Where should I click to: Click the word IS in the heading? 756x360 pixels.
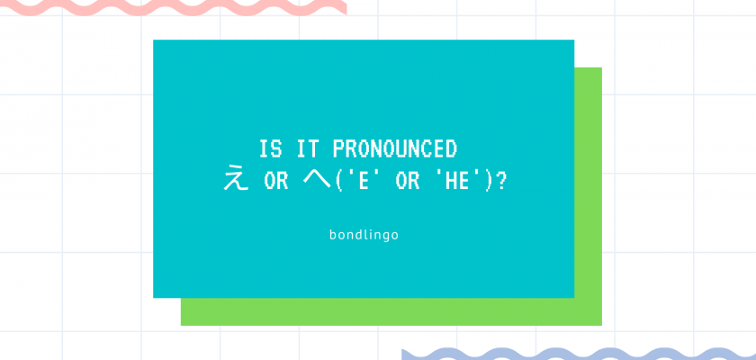pyautogui.click(x=271, y=148)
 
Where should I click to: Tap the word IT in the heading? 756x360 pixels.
pyautogui.click(x=308, y=148)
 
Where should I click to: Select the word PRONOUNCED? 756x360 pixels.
pyautogui.click(x=395, y=148)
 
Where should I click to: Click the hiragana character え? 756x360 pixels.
pyautogui.click(x=236, y=180)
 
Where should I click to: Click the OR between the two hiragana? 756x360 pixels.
pyautogui.click(x=276, y=181)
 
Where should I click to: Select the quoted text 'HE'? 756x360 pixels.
pyautogui.click(x=455, y=181)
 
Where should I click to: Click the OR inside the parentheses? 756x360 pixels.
pyautogui.click(x=407, y=181)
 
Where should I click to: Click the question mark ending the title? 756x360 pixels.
pyautogui.click(x=501, y=181)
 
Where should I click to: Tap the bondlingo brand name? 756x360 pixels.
pyautogui.click(x=364, y=236)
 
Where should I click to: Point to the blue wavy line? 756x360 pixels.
pyautogui.click(x=579, y=355)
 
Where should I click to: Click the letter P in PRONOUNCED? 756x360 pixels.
pyautogui.click(x=339, y=148)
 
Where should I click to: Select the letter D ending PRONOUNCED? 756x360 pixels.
pyautogui.click(x=451, y=148)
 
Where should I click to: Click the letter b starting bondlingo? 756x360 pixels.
pyautogui.click(x=333, y=235)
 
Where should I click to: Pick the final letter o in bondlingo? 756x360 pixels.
pyautogui.click(x=395, y=237)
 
